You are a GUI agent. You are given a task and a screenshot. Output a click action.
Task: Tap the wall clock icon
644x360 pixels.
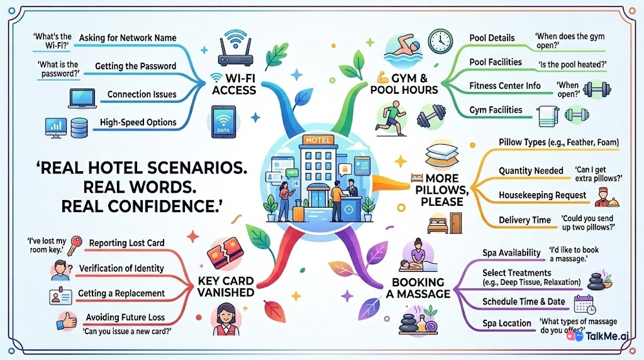(x=440, y=41)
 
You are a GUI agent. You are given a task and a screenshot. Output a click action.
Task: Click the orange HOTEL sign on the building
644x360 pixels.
(x=318, y=140)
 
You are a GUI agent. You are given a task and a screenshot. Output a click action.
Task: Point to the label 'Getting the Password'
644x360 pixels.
(x=136, y=66)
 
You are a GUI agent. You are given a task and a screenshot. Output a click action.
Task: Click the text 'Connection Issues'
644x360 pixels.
(x=142, y=94)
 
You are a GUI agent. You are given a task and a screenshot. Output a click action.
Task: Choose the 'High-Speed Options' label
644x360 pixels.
(x=138, y=122)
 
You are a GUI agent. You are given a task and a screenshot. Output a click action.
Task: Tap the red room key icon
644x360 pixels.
(x=75, y=245)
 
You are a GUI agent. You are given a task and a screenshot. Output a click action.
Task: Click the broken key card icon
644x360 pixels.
(x=226, y=253)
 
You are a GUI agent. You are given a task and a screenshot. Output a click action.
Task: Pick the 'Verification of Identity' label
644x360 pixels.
(x=121, y=268)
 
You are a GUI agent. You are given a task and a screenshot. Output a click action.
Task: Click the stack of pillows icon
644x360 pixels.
(x=442, y=155)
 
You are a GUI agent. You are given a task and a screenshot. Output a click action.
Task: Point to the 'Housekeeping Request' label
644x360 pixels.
(x=542, y=195)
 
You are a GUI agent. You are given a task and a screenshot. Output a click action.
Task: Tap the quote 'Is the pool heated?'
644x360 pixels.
(x=572, y=65)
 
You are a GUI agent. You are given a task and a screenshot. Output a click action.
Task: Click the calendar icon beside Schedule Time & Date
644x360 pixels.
(x=585, y=305)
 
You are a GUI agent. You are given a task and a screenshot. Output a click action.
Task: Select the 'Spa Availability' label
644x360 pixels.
(x=511, y=253)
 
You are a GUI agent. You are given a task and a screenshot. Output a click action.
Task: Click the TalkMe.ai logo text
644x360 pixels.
(x=607, y=336)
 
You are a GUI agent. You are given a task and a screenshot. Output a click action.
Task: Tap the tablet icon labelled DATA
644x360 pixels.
(x=223, y=122)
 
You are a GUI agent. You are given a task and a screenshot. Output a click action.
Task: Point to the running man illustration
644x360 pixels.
(x=391, y=118)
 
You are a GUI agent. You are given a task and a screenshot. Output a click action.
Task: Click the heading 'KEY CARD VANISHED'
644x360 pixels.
(x=226, y=286)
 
